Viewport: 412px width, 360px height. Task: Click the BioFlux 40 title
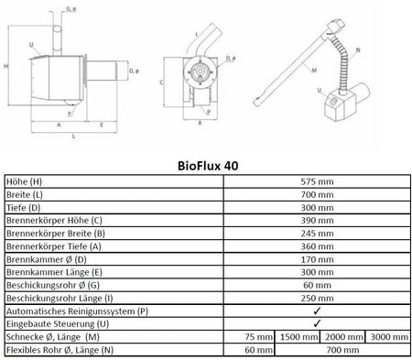tap(206, 167)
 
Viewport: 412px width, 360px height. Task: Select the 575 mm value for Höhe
tap(316, 182)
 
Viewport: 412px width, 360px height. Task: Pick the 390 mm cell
tap(316, 221)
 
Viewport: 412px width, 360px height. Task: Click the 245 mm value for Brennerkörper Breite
tap(316, 234)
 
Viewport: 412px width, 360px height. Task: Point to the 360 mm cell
tap(316, 246)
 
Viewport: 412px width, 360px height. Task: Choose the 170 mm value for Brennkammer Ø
tap(316, 259)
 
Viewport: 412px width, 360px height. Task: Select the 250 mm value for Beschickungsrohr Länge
tap(316, 298)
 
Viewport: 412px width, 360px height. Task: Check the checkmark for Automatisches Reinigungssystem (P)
tap(316, 311)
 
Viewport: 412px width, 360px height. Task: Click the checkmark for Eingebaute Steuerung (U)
tap(316, 323)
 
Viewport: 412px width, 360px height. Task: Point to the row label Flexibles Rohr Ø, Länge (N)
tap(60, 349)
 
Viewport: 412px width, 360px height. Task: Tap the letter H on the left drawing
tap(7, 67)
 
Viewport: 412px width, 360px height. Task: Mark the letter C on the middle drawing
tap(162, 82)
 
